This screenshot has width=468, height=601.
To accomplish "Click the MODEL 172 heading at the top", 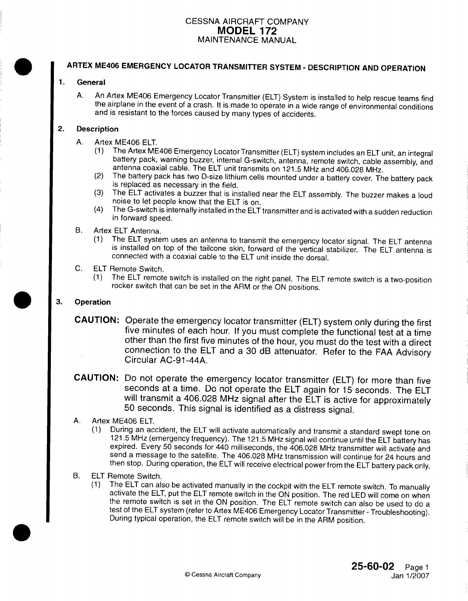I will tap(247, 31).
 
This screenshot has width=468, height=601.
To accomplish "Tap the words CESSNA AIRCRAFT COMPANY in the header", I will tap(247, 22).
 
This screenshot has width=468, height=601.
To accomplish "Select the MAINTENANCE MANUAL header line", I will tap(247, 40).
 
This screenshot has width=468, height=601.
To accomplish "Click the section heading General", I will tap(91, 82).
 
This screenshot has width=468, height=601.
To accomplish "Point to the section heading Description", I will tap(97, 129).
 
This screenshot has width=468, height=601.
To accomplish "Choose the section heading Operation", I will tap(93, 302).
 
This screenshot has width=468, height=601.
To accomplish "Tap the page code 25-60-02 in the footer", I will tap(369, 566).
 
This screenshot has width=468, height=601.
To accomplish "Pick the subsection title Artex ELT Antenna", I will tap(127, 231).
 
